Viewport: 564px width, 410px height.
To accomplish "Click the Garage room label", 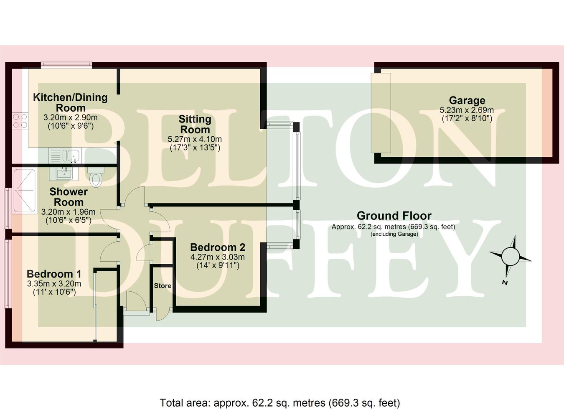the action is (467, 100).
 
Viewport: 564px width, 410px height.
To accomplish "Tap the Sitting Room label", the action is (195, 124).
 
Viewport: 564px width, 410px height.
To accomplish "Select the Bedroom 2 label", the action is (218, 247).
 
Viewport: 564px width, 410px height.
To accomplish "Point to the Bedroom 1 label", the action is (54, 274).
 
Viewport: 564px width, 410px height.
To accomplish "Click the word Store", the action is (163, 285).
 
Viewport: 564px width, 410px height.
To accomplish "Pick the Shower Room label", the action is (69, 197).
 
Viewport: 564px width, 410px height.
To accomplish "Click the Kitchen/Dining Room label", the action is (71, 102).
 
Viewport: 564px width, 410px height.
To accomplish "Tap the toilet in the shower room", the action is (96, 177).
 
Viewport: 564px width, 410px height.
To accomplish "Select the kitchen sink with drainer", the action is (65, 155).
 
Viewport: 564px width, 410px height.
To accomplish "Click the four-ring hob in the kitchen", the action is (20, 121).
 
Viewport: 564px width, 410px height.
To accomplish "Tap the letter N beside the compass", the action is (505, 283).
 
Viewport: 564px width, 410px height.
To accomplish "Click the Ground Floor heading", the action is (394, 216).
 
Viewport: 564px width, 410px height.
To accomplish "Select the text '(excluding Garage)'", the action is (394, 234).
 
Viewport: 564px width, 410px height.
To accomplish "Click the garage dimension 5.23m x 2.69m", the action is (467, 110).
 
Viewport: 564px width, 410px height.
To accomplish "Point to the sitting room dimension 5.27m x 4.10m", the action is (195, 139).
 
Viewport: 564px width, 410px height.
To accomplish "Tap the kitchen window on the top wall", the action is (66, 65).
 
